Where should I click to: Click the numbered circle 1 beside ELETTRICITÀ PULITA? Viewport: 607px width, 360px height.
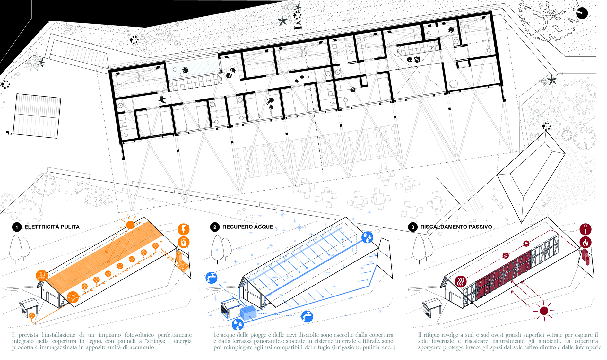click(x=17, y=227)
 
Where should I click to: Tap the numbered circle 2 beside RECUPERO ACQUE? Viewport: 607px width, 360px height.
click(x=215, y=227)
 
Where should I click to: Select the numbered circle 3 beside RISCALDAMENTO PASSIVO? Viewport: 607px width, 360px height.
click(x=413, y=227)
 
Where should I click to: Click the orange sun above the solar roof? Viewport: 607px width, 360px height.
click(x=130, y=225)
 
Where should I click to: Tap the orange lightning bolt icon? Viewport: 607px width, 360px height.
click(x=184, y=229)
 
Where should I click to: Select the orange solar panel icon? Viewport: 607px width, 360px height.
click(x=42, y=275)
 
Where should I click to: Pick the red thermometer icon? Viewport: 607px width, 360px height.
click(x=585, y=229)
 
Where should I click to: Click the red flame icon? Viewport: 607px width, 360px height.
click(x=585, y=242)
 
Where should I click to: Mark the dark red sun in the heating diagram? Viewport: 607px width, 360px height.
click(x=544, y=311)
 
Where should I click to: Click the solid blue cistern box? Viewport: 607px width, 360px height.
click(x=248, y=313)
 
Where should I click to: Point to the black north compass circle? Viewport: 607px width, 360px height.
click(x=582, y=13)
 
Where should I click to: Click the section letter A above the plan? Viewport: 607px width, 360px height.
click(x=299, y=23)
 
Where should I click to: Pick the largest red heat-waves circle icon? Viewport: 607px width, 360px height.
click(x=461, y=281)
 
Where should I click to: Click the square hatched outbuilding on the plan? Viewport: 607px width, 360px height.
click(x=37, y=116)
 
